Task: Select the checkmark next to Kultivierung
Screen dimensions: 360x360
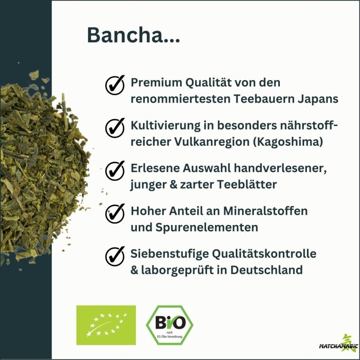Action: (x=115, y=127)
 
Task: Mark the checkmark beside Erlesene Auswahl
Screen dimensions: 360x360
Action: (x=115, y=171)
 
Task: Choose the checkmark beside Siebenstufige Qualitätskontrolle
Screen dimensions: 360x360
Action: (x=115, y=256)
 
